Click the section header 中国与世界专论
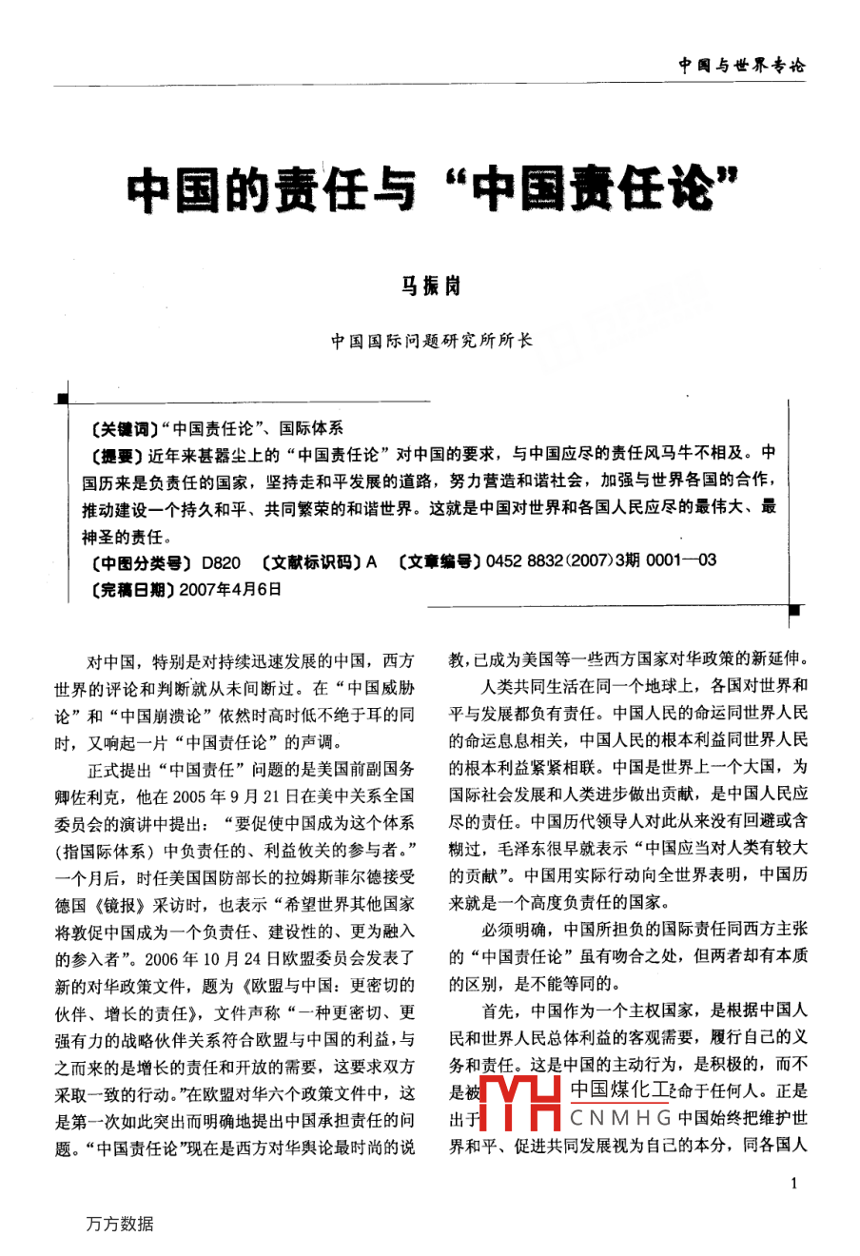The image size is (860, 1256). click(741, 66)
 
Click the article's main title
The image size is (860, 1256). click(433, 187)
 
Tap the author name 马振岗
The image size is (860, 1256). click(430, 285)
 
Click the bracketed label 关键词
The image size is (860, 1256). click(120, 429)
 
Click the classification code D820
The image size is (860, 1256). click(222, 561)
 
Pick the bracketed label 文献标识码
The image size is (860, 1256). click(310, 561)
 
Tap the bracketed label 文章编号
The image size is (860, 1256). click(439, 561)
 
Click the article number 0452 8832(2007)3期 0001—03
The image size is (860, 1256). click(601, 561)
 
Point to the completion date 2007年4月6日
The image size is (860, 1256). click(229, 589)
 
